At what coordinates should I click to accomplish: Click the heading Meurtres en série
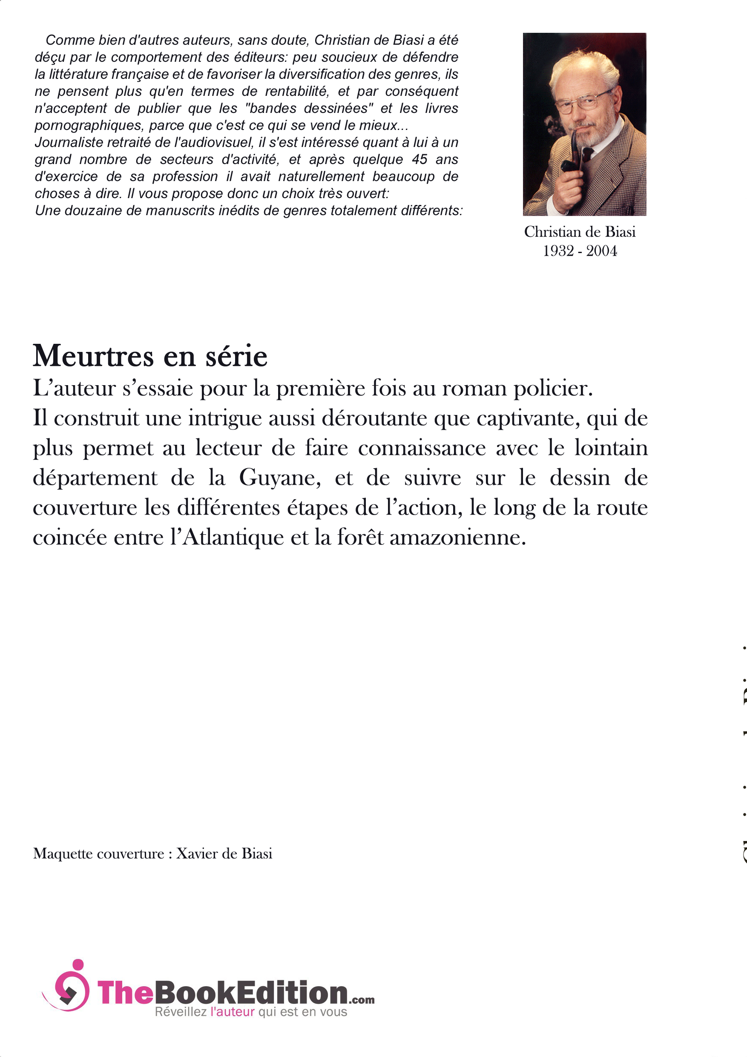tap(149, 356)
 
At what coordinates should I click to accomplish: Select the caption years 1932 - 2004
tap(580, 251)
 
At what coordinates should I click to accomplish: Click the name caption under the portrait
tap(580, 232)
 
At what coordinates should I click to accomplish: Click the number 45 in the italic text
tap(419, 159)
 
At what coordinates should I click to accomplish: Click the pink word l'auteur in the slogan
tap(232, 1011)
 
